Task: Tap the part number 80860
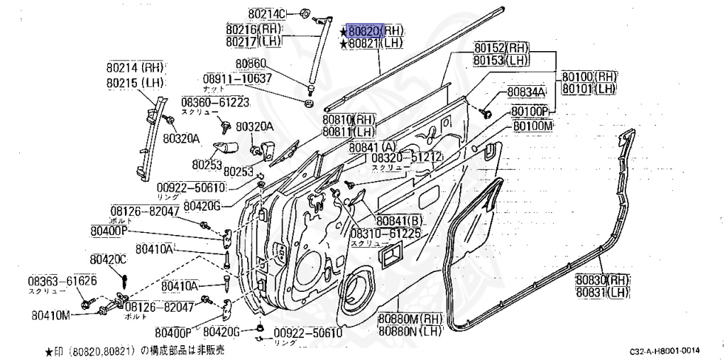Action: (251, 64)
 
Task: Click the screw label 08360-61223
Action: (215, 102)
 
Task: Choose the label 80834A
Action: (525, 92)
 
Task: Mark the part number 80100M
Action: (533, 126)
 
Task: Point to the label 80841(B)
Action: (399, 220)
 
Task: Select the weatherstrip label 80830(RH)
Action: (603, 280)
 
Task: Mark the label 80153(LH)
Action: (501, 61)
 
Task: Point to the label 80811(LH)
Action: (348, 131)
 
